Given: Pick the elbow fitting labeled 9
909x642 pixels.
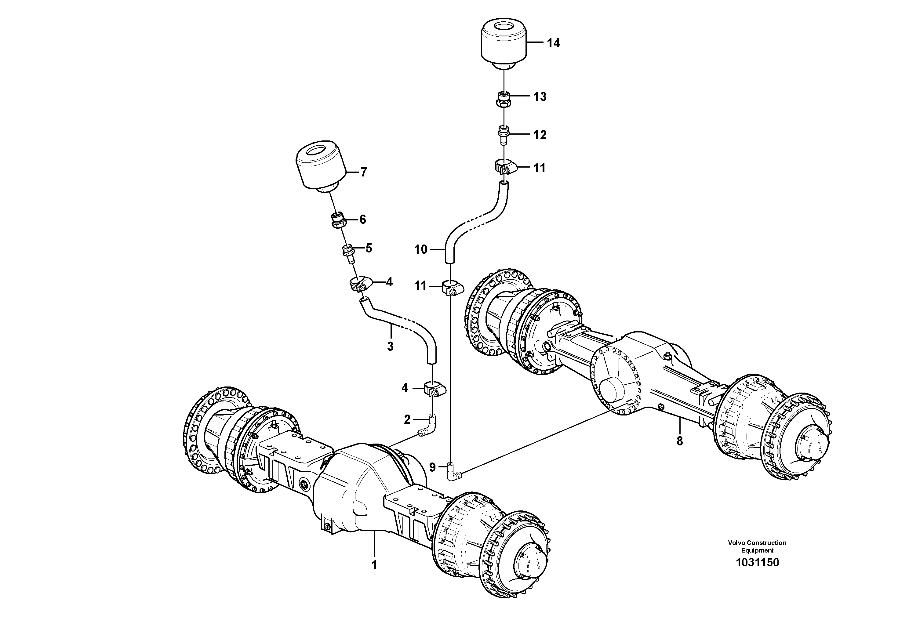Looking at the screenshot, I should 452,472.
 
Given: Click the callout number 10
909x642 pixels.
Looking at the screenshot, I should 421,249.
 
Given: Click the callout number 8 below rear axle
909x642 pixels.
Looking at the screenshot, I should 680,441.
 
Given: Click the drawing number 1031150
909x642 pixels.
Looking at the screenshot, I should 757,562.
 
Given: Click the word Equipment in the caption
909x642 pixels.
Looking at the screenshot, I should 757,550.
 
